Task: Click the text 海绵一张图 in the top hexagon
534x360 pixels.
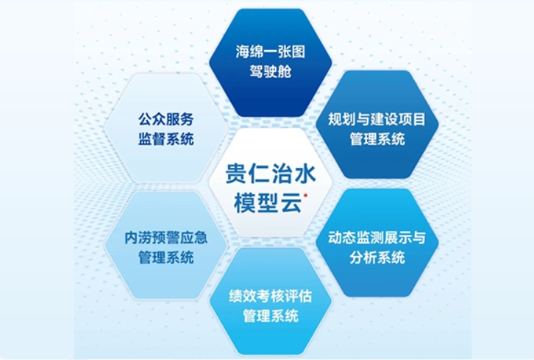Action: point(271,52)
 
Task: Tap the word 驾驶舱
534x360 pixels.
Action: point(271,71)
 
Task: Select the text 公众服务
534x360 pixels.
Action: point(166,119)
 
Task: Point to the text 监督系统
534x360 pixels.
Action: point(166,138)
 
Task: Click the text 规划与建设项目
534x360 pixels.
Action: point(377,119)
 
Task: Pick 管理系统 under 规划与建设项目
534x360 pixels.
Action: point(377,138)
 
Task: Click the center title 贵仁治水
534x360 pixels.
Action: point(271,174)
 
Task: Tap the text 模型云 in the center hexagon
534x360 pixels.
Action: point(268,203)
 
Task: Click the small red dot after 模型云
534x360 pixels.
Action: point(305,195)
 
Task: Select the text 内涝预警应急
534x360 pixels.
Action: point(166,238)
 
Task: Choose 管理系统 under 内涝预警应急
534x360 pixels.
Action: point(166,258)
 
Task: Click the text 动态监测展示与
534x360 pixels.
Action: point(377,238)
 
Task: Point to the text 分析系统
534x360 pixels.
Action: point(377,258)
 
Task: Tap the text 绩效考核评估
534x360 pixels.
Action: point(271,296)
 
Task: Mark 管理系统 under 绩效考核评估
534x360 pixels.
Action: point(271,316)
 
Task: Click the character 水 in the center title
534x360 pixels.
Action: point(305,174)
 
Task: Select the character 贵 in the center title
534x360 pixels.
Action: point(237,174)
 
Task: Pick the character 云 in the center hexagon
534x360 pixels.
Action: point(291,203)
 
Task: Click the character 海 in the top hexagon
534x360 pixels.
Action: point(243,52)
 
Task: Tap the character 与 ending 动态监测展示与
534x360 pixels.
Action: point(419,238)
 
